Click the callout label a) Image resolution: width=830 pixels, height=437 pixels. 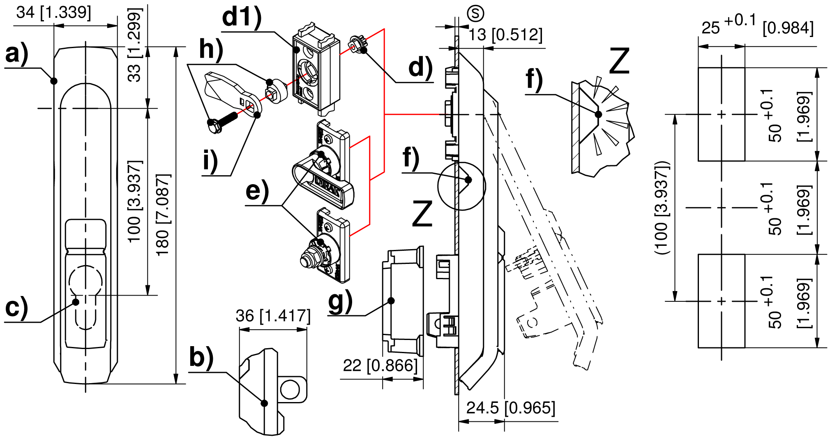(16, 54)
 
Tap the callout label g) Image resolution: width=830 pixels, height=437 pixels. (340, 301)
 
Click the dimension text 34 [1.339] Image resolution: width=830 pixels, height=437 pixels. (54, 12)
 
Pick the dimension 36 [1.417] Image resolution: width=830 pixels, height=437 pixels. (273, 316)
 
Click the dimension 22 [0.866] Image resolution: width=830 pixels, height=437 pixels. (380, 365)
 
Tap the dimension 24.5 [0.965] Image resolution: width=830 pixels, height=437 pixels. (511, 408)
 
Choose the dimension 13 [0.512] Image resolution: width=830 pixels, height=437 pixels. (506, 35)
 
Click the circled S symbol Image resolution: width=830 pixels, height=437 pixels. (475, 14)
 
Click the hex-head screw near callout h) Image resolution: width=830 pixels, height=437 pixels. (222, 122)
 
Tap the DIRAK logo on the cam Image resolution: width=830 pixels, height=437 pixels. (327, 186)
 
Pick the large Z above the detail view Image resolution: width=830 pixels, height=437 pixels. (619, 61)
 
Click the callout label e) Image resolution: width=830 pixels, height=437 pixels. (257, 191)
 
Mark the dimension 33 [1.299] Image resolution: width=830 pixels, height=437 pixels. (134, 45)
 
